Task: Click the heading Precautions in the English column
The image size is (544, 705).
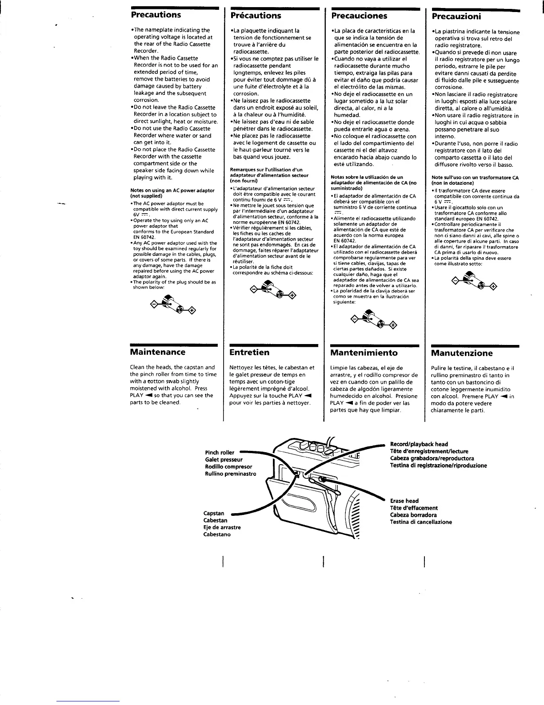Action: [x=156, y=15]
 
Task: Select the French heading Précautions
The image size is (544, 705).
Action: [x=256, y=16]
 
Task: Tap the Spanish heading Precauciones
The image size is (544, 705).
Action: [x=359, y=16]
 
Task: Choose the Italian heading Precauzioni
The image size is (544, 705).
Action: [x=456, y=16]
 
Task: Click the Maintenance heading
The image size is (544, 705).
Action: [x=157, y=352]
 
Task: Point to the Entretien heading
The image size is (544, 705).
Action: [x=249, y=352]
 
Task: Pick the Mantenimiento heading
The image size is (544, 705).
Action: [x=364, y=353]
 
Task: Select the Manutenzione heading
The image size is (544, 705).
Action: [x=462, y=353]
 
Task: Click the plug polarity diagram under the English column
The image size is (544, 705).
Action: [x=174, y=305]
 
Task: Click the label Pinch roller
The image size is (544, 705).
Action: [x=220, y=453]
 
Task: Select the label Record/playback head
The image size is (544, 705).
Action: [x=419, y=444]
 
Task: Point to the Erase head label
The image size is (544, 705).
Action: [x=404, y=501]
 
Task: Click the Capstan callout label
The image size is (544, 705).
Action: [x=214, y=513]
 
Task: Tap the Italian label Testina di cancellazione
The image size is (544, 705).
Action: [x=420, y=522]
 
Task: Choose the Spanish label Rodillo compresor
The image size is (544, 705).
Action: [x=228, y=467]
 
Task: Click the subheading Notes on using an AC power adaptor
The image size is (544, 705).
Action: [x=172, y=193]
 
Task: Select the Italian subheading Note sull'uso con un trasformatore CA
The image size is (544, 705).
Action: [x=475, y=180]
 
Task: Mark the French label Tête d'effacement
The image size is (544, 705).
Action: [x=413, y=508]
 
